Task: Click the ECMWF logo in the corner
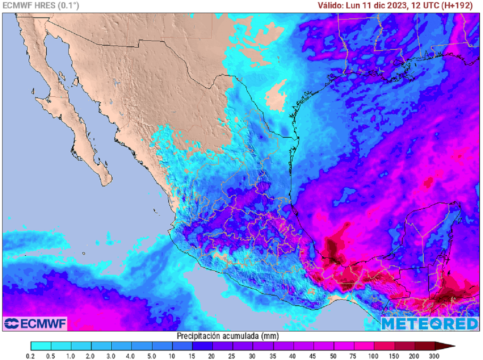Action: (35, 324)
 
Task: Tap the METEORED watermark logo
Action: (429, 324)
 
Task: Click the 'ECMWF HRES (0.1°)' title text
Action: (41, 6)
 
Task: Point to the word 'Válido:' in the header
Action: (330, 6)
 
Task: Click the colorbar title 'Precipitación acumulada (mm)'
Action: (228, 336)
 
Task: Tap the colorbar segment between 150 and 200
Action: (404, 346)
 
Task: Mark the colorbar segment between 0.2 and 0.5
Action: (41, 346)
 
